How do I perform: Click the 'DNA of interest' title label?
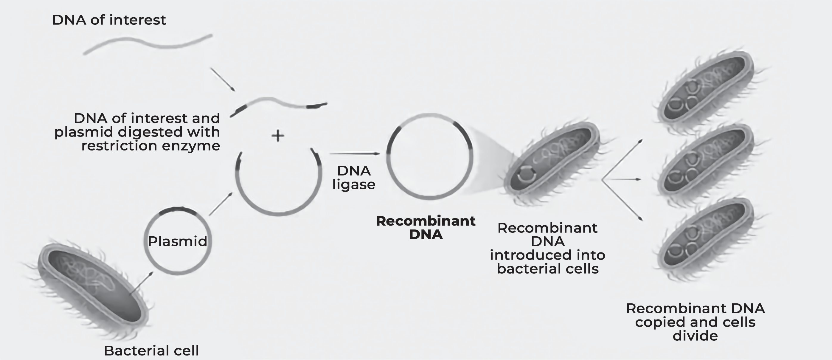[x=109, y=20]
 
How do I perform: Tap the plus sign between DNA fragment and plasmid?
[x=278, y=136]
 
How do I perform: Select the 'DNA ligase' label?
[x=354, y=178]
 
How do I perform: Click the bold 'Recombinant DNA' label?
[x=426, y=228]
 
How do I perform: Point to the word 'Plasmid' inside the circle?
[x=177, y=241]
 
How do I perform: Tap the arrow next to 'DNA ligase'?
[x=355, y=154]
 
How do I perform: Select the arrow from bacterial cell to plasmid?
[x=141, y=283]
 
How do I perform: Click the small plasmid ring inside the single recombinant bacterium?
[x=527, y=174]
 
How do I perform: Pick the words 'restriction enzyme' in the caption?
[x=151, y=146]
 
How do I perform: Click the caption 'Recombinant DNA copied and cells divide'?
[x=696, y=322]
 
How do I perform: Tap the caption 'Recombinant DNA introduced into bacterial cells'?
[x=547, y=248]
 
